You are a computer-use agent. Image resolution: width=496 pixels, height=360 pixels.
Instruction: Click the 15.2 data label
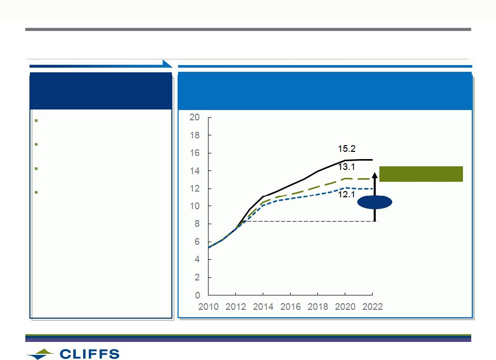click(346, 149)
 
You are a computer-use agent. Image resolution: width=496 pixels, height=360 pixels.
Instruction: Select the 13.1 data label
click(346, 167)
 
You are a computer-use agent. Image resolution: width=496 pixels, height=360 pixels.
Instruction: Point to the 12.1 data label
click(346, 194)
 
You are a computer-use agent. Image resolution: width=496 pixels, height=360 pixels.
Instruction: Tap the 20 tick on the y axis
click(195, 117)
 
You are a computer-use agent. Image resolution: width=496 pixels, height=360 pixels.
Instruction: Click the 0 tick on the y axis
click(197, 295)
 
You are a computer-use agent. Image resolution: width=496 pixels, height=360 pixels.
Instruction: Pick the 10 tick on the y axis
click(195, 206)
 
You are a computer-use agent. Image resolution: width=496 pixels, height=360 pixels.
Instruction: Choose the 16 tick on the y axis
click(195, 153)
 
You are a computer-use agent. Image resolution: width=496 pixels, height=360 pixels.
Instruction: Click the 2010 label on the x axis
click(208, 306)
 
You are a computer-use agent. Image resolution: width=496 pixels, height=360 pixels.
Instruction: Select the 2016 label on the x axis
click(291, 306)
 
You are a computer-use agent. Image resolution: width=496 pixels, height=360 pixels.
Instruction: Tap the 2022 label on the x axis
click(372, 306)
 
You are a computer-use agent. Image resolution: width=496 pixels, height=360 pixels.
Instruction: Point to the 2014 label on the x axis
click(263, 306)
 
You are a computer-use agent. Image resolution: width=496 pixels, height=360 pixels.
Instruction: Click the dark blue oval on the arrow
click(375, 202)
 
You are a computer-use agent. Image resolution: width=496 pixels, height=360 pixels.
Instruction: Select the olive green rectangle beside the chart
click(421, 174)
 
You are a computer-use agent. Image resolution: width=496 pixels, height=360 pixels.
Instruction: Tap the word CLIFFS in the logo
click(89, 354)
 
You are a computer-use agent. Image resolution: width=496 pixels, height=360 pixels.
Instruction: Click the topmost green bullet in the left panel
click(36, 121)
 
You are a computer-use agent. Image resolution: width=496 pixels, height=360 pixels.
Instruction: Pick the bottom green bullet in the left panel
click(36, 192)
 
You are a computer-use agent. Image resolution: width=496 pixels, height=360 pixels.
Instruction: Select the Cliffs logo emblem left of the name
click(40, 354)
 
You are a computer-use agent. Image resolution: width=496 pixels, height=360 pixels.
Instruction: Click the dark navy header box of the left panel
click(101, 91)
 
